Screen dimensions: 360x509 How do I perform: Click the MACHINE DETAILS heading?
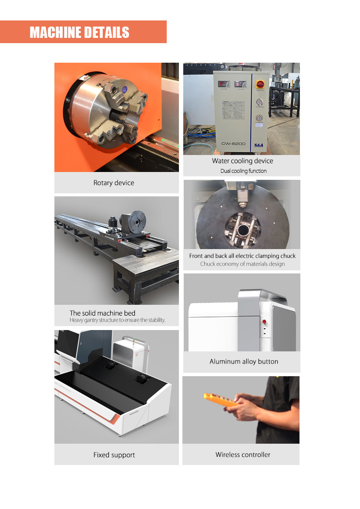pos(80,33)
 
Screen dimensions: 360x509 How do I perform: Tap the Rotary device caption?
pos(114,183)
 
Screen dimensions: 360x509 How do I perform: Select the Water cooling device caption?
pos(242,161)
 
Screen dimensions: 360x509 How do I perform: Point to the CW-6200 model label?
pos(233,144)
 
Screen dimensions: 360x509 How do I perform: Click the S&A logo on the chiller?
pos(259,145)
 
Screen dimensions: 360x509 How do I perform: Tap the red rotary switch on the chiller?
pos(260,84)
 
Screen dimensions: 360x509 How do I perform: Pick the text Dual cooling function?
pos(243,171)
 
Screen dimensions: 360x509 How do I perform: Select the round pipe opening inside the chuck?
pos(243,230)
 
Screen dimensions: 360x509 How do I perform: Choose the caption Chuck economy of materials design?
pos(242,264)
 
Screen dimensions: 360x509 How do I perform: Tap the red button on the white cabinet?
pos(264,322)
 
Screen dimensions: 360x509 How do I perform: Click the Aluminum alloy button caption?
pos(244,362)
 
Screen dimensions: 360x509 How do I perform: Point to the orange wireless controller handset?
pos(220,400)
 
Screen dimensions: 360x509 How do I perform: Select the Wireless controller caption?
pos(243,455)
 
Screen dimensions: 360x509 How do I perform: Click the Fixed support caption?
pos(114,455)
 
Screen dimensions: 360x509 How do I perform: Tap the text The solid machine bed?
pos(102,313)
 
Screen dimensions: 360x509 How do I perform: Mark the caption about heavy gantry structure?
pos(118,320)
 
